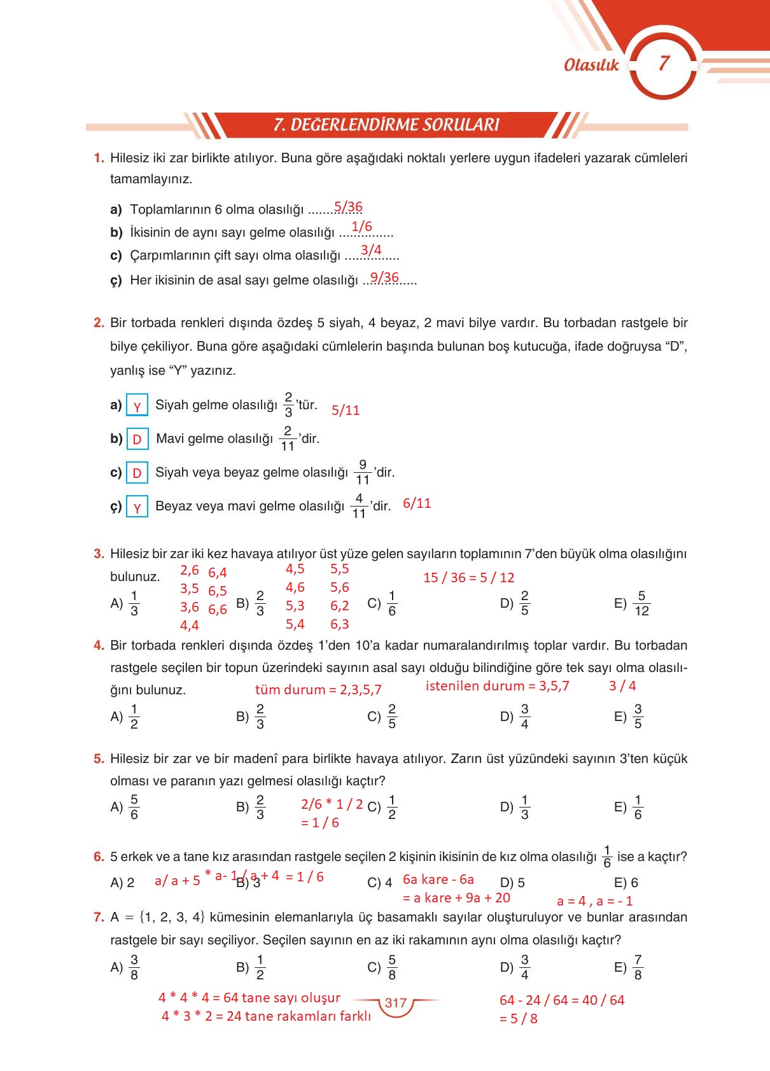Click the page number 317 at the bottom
point(395,1003)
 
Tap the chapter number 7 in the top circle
point(664,63)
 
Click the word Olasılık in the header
point(591,65)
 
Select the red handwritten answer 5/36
point(348,207)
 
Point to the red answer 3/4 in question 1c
point(371,250)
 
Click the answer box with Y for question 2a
point(137,406)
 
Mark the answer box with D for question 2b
point(137,439)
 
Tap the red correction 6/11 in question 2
point(417,503)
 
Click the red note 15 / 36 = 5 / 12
point(468,578)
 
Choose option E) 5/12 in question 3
point(633,603)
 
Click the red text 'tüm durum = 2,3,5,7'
point(318,690)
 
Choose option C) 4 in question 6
point(380,883)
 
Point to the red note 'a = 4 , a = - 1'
point(594,901)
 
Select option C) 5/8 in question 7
point(383,967)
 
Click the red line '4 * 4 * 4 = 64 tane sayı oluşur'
point(249,998)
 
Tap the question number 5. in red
point(99,759)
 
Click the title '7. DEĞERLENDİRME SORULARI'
point(386,125)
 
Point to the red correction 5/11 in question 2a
point(346,410)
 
